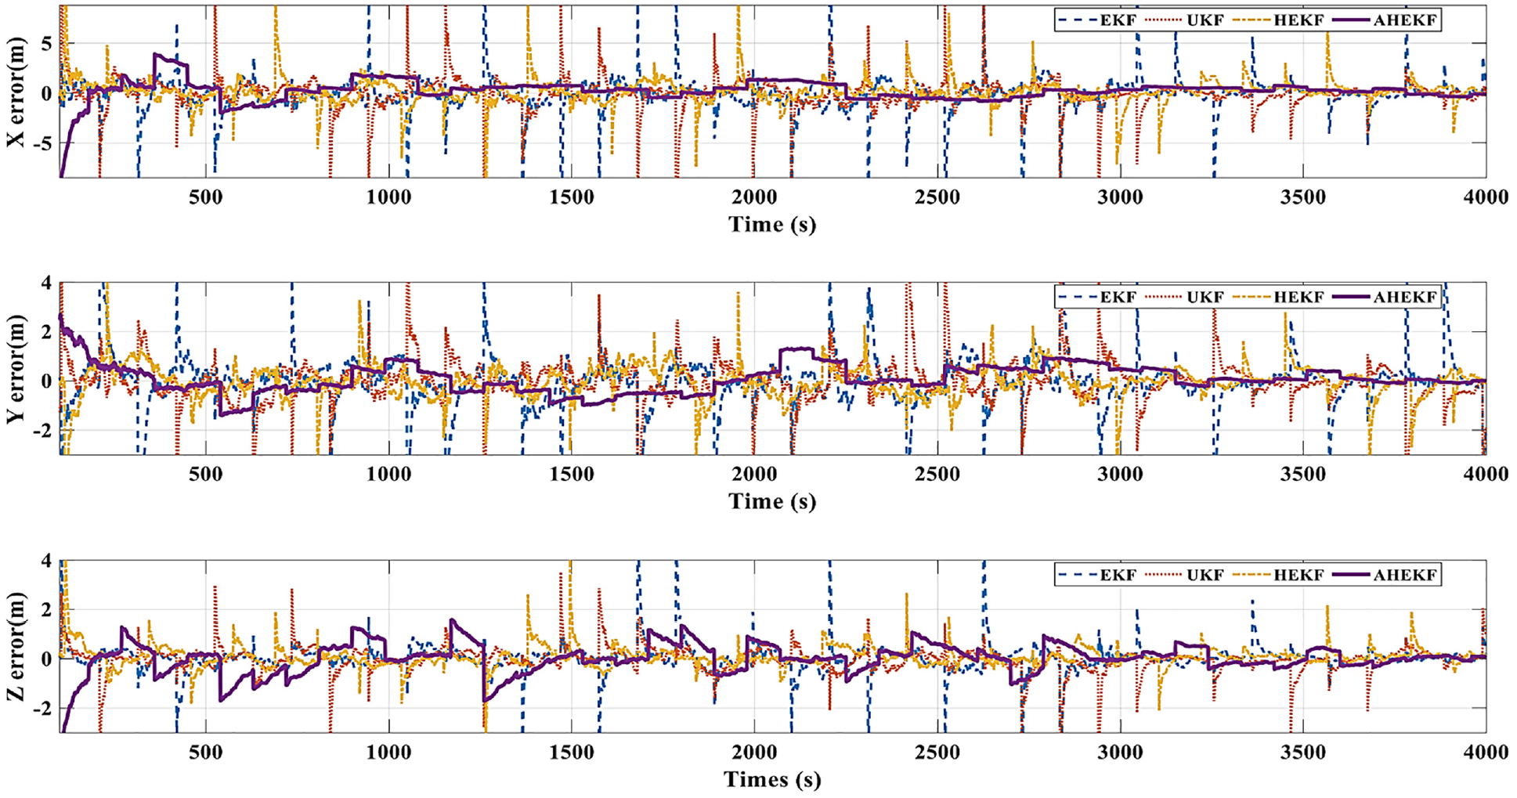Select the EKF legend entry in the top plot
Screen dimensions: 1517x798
1096,20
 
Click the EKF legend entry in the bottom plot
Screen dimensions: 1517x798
1096,575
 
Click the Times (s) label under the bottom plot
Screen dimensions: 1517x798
772,780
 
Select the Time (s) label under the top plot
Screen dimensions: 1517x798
772,225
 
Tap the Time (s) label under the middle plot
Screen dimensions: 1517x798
772,501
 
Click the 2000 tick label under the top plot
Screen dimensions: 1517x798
754,197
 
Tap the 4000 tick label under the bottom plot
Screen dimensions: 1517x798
1485,753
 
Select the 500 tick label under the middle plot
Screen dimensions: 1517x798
205,475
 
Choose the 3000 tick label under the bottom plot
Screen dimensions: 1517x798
1120,753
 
